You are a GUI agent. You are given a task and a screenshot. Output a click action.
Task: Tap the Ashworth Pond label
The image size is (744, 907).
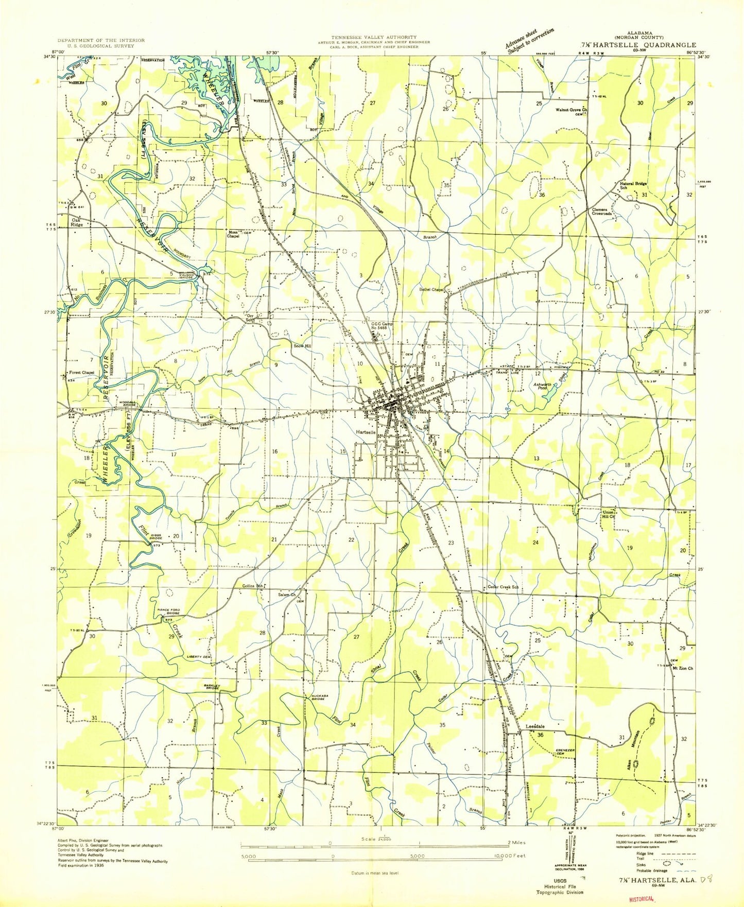pos(542,387)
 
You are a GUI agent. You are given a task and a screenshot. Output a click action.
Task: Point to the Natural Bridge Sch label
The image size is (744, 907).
pos(633,185)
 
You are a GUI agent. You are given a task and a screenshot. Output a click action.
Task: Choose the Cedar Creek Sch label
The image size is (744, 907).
pos(503,587)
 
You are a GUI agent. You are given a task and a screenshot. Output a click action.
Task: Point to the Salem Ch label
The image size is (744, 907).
pos(287,595)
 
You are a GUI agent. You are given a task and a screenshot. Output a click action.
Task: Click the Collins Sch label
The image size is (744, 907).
pos(253,586)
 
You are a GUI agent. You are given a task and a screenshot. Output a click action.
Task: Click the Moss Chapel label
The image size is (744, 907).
pos(234,234)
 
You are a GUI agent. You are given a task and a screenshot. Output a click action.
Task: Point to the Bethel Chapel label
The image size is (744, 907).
pos(431,290)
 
